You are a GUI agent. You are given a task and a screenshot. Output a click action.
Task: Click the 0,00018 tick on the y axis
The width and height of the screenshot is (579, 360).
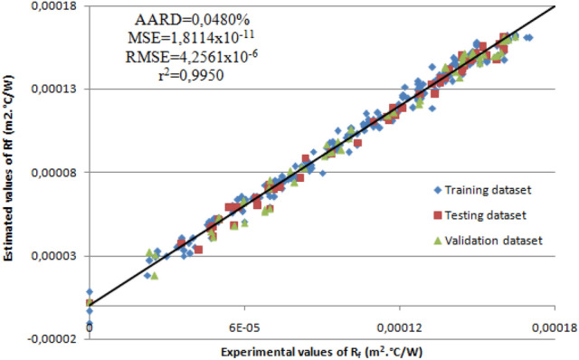tap(58, 6)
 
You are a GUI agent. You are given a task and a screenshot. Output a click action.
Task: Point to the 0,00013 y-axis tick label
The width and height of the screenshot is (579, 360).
tap(58, 89)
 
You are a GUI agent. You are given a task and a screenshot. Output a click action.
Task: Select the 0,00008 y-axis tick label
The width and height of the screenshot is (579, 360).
tap(58, 172)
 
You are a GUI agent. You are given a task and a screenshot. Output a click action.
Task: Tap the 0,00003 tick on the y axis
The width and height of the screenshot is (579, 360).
tap(58, 256)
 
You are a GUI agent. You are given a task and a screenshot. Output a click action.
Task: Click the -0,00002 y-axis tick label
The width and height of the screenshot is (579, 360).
tap(56, 339)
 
